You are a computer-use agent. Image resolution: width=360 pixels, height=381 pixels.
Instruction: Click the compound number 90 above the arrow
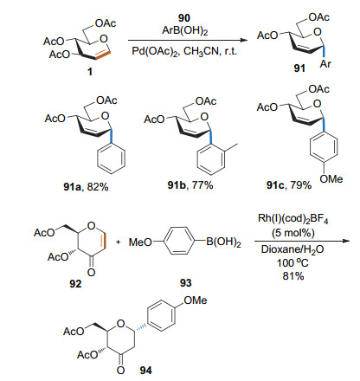[184, 18]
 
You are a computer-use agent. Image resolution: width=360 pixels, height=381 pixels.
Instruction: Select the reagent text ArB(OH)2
[185, 30]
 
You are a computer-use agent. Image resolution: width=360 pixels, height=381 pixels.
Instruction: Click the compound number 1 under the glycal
[90, 72]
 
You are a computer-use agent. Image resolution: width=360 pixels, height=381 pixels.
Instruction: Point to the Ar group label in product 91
[325, 64]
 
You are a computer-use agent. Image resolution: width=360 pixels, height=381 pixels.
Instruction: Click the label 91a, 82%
[86, 187]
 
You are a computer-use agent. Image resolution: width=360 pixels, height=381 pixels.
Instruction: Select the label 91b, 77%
[190, 184]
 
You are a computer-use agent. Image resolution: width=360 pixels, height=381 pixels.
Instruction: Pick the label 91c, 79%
[289, 184]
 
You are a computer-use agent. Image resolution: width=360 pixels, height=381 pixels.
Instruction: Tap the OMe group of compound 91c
[331, 179]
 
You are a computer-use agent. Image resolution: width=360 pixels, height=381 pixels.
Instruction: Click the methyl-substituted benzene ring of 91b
[211, 158]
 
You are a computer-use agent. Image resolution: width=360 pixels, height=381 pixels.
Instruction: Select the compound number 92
[75, 284]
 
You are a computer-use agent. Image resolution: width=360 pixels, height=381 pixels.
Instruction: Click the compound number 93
[186, 283]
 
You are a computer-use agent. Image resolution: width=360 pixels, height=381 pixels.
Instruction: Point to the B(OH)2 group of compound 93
[223, 242]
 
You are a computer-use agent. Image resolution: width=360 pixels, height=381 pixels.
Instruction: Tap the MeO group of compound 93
[140, 242]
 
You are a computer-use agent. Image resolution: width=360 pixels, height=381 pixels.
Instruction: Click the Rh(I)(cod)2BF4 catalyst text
[293, 219]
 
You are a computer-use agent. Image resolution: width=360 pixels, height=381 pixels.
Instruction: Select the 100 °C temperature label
[292, 263]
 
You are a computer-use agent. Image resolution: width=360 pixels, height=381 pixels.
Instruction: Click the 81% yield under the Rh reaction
[293, 276]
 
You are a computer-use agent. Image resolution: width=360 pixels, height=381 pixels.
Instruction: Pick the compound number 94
[146, 371]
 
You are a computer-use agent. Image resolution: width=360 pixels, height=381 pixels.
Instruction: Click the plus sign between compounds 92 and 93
[118, 242]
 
